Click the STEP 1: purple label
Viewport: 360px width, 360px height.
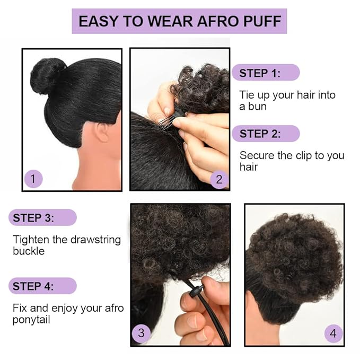coord(265,73)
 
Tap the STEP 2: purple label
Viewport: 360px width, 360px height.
coord(265,133)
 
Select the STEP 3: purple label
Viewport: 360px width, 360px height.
coord(42,217)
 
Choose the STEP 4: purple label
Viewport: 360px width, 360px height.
coord(42,286)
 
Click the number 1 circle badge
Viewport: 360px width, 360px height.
coord(33,179)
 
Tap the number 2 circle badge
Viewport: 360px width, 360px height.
coord(219,179)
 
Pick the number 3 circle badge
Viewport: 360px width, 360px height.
coord(141,333)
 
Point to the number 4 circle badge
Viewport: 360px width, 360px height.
coord(333,333)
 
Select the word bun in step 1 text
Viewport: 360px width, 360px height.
coord(259,106)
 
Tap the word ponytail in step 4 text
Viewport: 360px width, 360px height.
coord(32,319)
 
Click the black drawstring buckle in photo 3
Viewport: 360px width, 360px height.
coord(196,293)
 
